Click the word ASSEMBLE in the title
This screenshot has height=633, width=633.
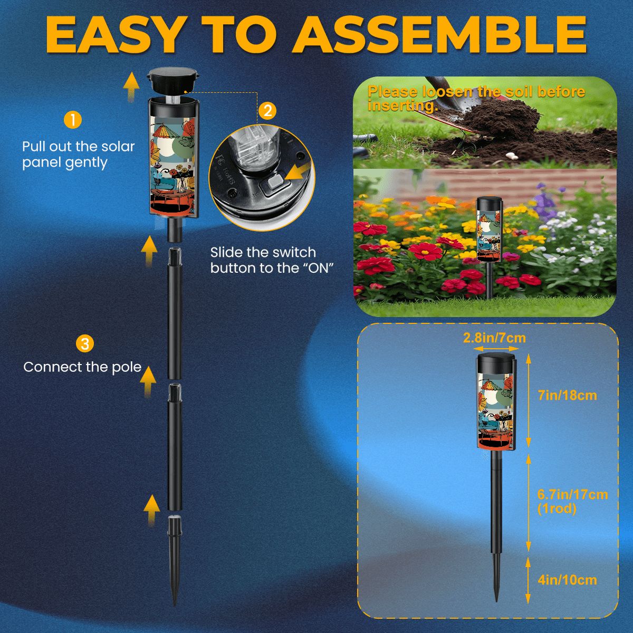[440, 34]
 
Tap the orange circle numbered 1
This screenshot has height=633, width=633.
[73, 120]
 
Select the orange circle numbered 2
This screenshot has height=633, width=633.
[268, 111]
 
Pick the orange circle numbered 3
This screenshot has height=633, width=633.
[85, 344]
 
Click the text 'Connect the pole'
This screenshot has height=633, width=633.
[82, 367]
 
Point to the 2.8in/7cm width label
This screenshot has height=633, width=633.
[494, 338]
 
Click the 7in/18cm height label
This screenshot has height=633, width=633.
[567, 395]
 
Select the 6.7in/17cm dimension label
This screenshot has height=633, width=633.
[572, 494]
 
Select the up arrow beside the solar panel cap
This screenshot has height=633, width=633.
[131, 87]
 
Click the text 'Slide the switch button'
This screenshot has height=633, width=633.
[263, 260]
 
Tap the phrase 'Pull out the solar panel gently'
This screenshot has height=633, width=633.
[78, 155]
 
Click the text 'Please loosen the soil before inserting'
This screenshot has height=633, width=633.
[476, 98]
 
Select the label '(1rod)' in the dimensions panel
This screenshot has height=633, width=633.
[557, 509]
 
